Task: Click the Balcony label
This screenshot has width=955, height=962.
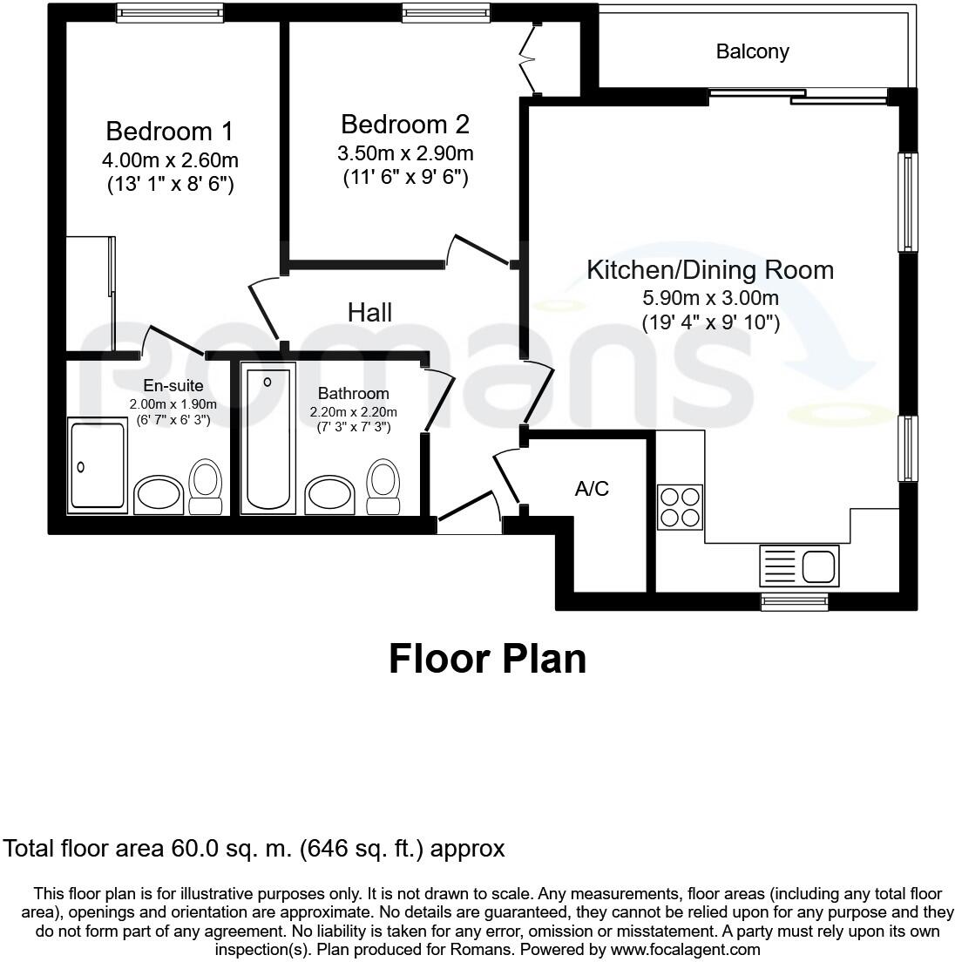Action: click(x=752, y=51)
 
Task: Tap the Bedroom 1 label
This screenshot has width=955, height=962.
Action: click(x=169, y=131)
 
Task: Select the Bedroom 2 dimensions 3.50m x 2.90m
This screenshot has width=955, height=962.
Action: click(x=405, y=154)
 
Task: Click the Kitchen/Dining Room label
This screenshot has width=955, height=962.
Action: click(x=709, y=269)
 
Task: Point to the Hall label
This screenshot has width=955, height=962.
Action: click(x=369, y=312)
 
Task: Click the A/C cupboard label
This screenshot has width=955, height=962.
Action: click(x=592, y=489)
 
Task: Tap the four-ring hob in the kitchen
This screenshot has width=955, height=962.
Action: click(x=680, y=506)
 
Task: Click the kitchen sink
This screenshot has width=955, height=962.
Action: click(x=798, y=565)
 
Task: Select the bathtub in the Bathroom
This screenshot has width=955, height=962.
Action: click(x=270, y=440)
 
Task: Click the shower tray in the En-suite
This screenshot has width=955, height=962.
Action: click(x=98, y=464)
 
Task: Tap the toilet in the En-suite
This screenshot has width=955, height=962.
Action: click(x=206, y=486)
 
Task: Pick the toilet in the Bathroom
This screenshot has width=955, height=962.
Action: click(x=383, y=486)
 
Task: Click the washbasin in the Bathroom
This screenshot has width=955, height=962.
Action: click(x=330, y=495)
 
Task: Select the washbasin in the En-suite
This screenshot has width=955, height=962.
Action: click(x=158, y=495)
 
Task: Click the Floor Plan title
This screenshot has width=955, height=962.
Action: click(x=487, y=659)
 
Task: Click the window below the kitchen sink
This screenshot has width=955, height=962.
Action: click(x=794, y=601)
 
